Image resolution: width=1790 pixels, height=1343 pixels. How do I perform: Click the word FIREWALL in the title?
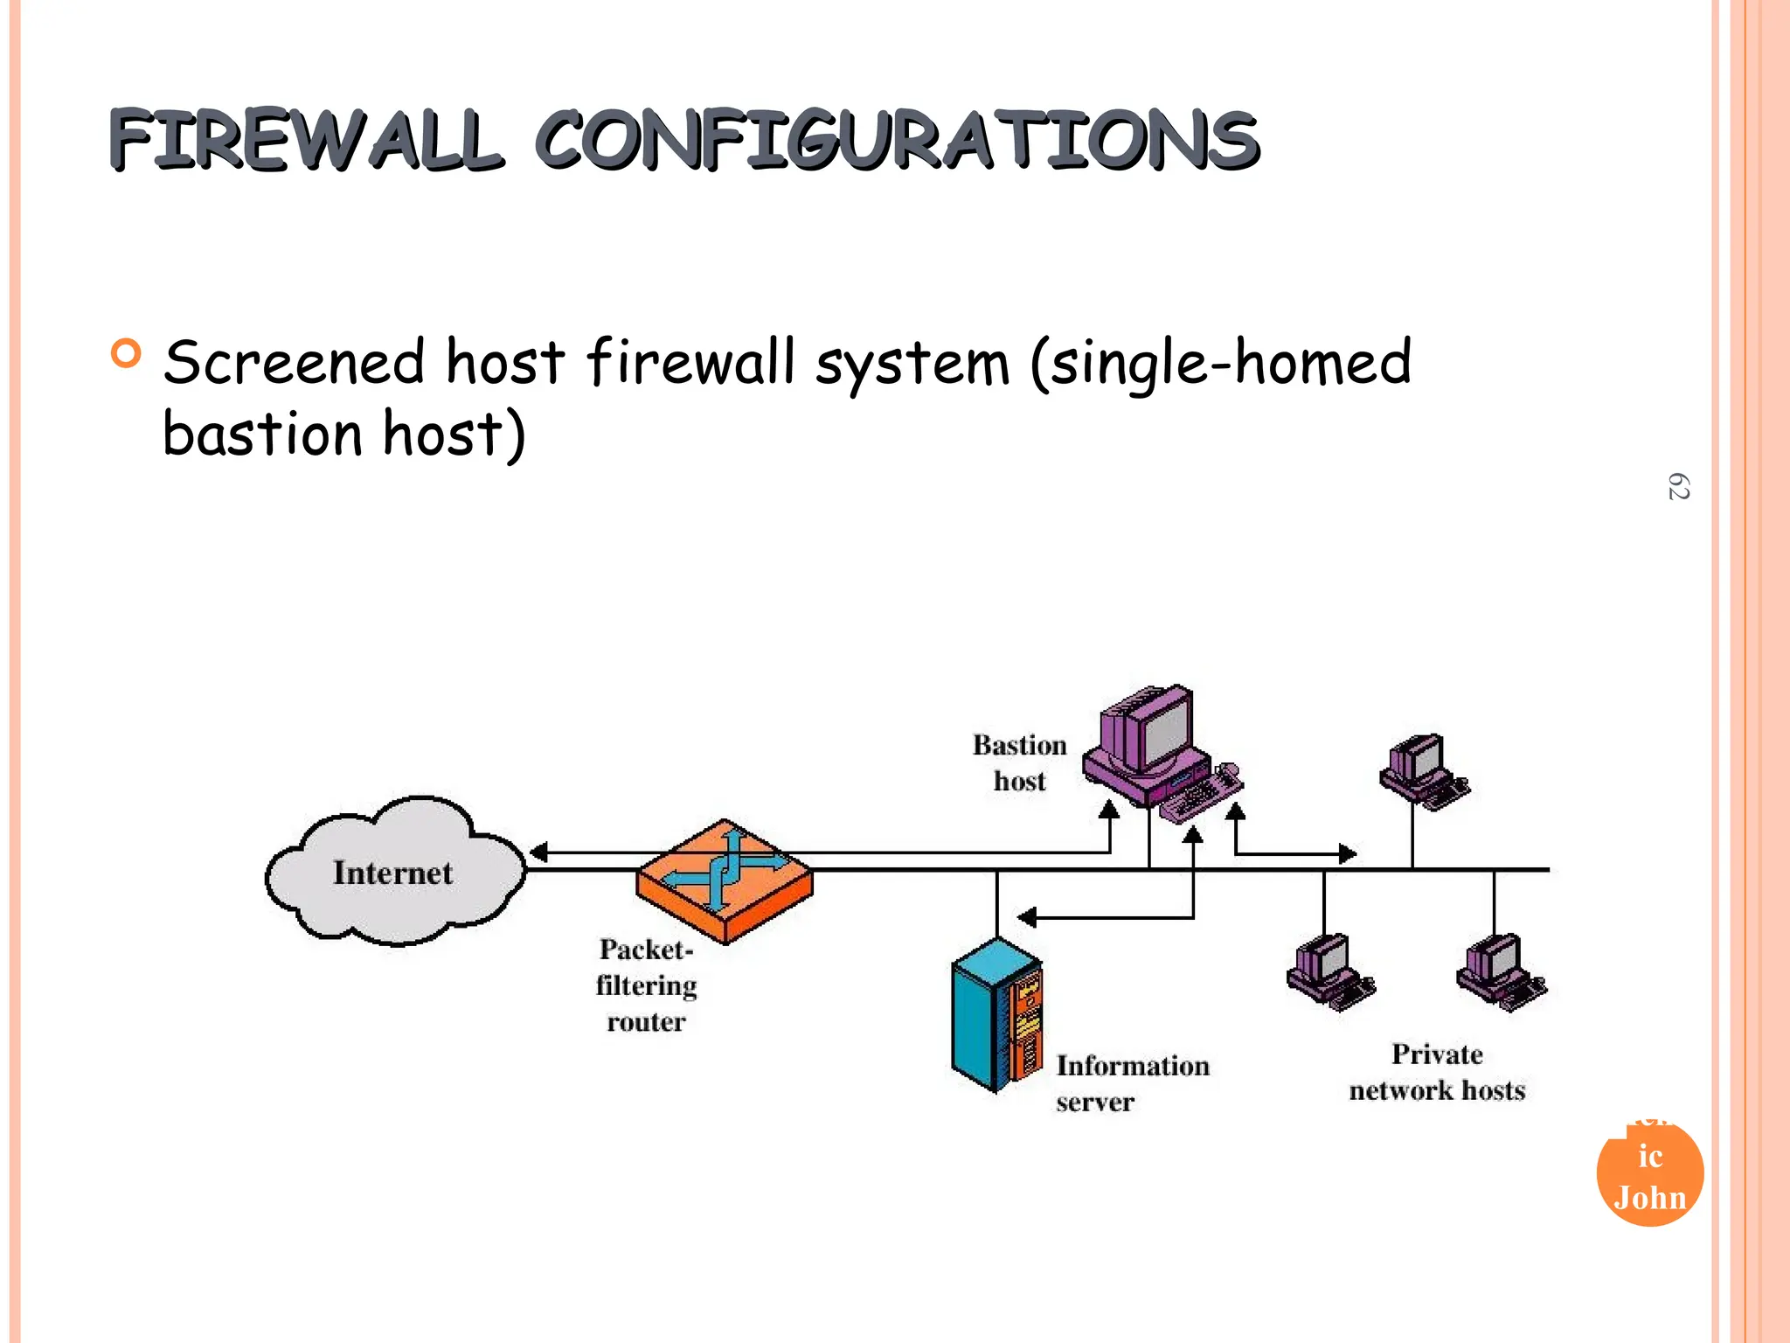(x=306, y=140)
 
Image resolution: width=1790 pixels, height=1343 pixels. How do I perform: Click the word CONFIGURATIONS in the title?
(x=896, y=140)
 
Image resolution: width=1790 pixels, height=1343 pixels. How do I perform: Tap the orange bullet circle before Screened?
(x=126, y=353)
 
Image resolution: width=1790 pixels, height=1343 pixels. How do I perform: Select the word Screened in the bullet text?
(x=295, y=363)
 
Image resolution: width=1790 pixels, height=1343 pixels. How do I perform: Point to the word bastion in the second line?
(x=262, y=435)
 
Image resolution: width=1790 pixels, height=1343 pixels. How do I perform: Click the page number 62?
(x=1678, y=487)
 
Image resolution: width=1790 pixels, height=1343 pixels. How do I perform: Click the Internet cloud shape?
(x=393, y=872)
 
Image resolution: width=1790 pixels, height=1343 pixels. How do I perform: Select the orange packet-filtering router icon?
(x=725, y=880)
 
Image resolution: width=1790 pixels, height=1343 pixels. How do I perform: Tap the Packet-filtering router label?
(x=646, y=985)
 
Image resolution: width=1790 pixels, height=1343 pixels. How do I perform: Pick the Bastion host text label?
(x=1019, y=762)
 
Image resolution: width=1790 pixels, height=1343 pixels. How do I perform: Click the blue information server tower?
(x=995, y=1014)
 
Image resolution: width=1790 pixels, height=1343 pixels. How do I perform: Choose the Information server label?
(x=1131, y=1082)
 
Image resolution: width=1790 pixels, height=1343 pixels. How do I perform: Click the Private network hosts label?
(x=1436, y=1072)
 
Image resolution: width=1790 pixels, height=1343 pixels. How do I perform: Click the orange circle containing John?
(x=1649, y=1176)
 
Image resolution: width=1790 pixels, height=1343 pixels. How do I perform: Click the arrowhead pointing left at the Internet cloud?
(x=539, y=852)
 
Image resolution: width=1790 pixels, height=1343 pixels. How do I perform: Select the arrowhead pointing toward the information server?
(x=1027, y=917)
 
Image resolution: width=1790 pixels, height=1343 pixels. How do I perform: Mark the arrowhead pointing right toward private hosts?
(x=1348, y=852)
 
